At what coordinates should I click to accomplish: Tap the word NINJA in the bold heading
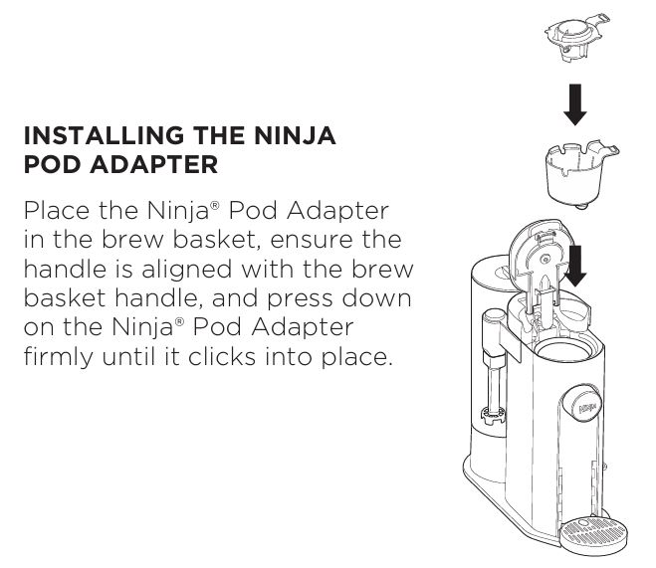296,135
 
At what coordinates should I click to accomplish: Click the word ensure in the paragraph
312,240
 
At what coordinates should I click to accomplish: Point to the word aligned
186,270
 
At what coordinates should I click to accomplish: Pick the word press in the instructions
300,299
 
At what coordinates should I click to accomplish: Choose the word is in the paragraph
124,270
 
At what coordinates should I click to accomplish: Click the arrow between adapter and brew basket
575,104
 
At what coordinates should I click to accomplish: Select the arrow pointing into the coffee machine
575,266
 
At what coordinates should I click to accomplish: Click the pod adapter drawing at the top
577,38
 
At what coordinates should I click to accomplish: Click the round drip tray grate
594,534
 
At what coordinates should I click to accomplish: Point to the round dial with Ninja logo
582,404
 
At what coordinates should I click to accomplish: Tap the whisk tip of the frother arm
493,415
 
